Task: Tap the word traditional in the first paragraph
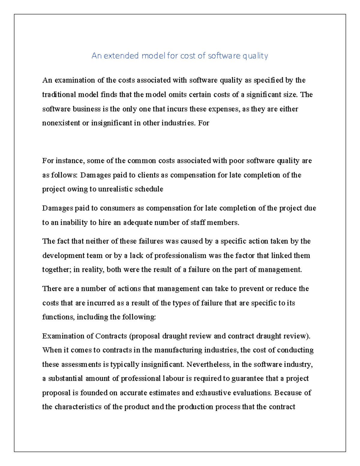pos(59,95)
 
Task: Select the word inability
pos(74,222)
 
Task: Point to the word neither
pos(96,241)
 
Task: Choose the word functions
pos(58,317)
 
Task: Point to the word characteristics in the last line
pos(78,407)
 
